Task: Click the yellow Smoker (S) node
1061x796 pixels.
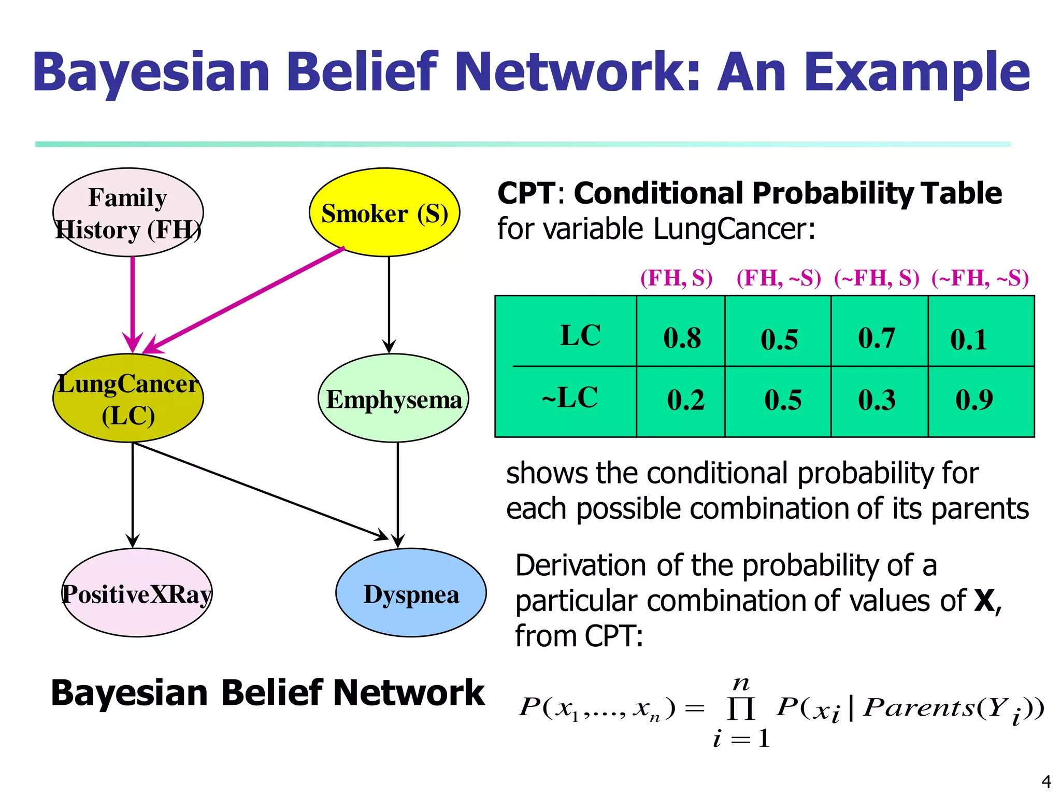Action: tap(384, 212)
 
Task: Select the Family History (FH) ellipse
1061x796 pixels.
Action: tap(128, 212)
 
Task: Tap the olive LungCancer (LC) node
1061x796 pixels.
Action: tap(128, 398)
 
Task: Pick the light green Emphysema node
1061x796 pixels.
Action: tap(394, 398)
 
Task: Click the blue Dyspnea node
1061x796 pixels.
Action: tap(411, 593)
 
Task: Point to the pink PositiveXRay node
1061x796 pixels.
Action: tap(137, 593)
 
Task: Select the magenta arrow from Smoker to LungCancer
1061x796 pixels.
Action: tap(243, 301)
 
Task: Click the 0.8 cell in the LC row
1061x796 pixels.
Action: tap(682, 338)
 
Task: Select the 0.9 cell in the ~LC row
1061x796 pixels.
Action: tap(974, 400)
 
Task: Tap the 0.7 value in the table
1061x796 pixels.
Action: tap(877, 338)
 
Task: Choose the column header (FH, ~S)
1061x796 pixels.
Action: tap(779, 278)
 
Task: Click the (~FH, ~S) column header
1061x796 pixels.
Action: tap(980, 278)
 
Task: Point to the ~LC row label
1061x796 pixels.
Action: tap(570, 398)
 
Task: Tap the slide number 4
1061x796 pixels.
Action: tap(1046, 781)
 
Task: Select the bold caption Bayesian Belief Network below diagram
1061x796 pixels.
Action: tap(267, 693)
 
